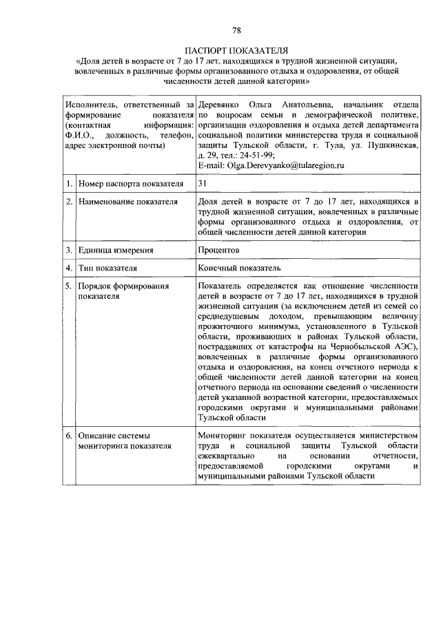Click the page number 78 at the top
[x=236, y=30]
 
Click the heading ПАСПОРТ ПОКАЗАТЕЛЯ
[x=236, y=51]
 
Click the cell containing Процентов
[x=218, y=251]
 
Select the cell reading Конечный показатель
[x=238, y=268]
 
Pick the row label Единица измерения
[x=115, y=251]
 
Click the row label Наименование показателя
[x=127, y=202]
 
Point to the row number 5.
[x=70, y=286]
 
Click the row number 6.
[x=70, y=436]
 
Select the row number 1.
[x=70, y=184]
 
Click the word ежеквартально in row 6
[x=226, y=456]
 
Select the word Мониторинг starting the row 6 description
[x=223, y=436]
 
